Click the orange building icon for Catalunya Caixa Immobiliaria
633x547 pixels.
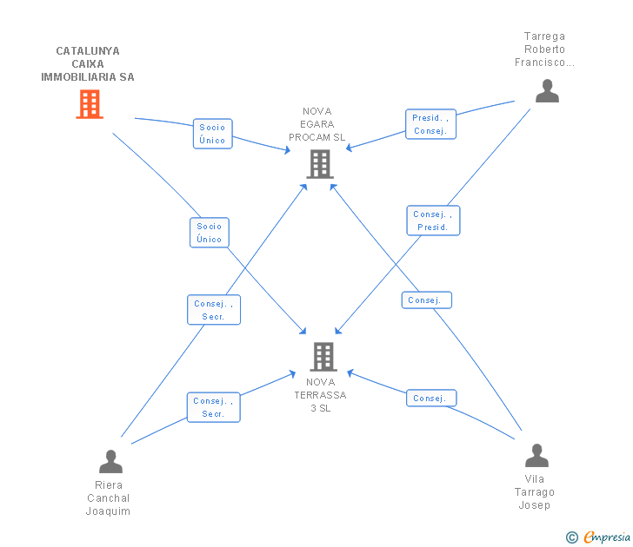click(x=90, y=104)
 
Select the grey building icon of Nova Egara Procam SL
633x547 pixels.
click(x=320, y=163)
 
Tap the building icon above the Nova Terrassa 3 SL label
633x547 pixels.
click(x=323, y=356)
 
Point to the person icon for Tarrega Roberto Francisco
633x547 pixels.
click(x=547, y=91)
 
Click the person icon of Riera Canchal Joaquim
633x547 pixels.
click(x=110, y=461)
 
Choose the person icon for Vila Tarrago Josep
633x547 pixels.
click(x=536, y=456)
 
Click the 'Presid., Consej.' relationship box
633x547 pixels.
click(x=430, y=124)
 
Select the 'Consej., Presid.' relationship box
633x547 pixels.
click(x=433, y=221)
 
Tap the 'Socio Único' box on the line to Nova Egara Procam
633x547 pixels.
click(x=212, y=134)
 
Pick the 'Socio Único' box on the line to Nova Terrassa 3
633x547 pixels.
click(x=210, y=233)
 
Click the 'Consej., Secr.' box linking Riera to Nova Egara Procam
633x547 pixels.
click(x=214, y=310)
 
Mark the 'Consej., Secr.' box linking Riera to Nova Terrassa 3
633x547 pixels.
click(x=214, y=407)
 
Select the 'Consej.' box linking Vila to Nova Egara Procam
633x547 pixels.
click(x=426, y=300)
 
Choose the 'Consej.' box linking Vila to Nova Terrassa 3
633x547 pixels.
click(x=430, y=399)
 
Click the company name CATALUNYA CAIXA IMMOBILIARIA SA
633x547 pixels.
click(x=88, y=64)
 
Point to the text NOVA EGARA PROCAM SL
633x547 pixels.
click(x=317, y=124)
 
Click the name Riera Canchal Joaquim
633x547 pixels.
click(x=109, y=498)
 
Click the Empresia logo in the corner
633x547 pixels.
click(x=599, y=537)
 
